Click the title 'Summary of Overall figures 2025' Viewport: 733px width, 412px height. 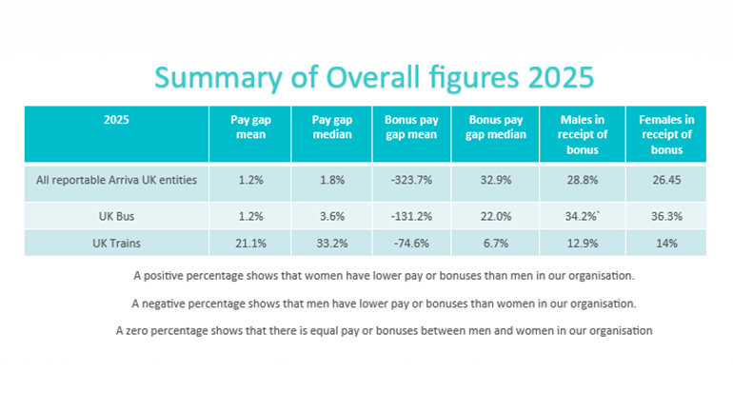click(366, 77)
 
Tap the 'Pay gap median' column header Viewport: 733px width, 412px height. click(331, 128)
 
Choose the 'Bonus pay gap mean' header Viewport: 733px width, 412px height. click(411, 128)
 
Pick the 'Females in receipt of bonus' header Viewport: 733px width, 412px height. click(664, 134)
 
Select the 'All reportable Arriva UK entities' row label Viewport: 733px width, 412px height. click(115, 181)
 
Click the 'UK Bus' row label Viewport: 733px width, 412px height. click(115, 216)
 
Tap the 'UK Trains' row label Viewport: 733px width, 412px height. click(115, 243)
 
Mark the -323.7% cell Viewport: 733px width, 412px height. click(411, 181)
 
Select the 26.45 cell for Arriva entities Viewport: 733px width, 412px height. click(664, 181)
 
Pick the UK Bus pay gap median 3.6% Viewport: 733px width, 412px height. click(331, 216)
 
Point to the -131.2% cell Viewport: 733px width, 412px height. click(411, 216)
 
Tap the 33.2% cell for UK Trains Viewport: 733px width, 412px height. click(331, 243)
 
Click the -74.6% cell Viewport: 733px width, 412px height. click(411, 243)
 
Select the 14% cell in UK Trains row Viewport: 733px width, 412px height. click(664, 243)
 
